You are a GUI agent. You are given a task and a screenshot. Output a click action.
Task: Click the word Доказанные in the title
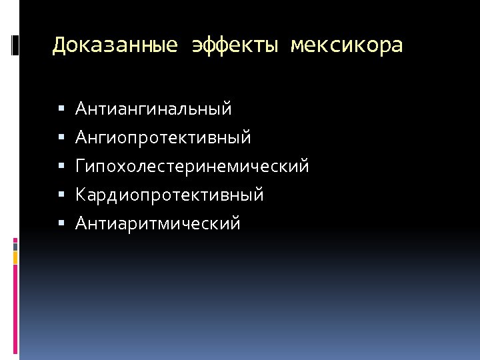pyautogui.click(x=115, y=45)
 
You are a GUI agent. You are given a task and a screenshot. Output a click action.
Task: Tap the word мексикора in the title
pyautogui.click(x=346, y=45)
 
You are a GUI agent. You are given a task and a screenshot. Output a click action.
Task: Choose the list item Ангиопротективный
pyautogui.click(x=163, y=137)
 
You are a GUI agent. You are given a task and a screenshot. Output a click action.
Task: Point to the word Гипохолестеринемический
pyautogui.click(x=192, y=166)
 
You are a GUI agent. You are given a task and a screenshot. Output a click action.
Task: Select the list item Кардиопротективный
pyautogui.click(x=169, y=195)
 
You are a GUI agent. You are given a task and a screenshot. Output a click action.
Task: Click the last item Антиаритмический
pyautogui.click(x=157, y=223)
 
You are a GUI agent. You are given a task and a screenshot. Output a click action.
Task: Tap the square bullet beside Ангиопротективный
pyautogui.click(x=61, y=137)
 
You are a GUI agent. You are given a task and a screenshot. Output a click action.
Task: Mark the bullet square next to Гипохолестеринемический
pyautogui.click(x=61, y=166)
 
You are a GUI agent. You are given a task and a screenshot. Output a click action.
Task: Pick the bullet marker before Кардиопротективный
pyautogui.click(x=61, y=195)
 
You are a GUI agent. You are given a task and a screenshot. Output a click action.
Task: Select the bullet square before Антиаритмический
pyautogui.click(x=61, y=223)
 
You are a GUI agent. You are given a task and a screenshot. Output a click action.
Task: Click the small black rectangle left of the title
pyautogui.click(x=15, y=45)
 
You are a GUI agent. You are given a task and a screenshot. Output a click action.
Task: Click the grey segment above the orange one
pyautogui.click(x=15, y=246)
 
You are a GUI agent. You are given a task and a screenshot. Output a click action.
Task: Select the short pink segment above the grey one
pyautogui.click(x=15, y=239)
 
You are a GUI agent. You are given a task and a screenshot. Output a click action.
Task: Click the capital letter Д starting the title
pyautogui.click(x=59, y=45)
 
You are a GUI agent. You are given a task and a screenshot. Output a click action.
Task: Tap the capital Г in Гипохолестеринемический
pyautogui.click(x=81, y=166)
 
